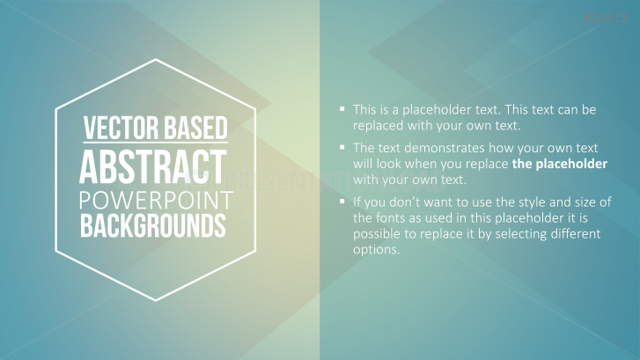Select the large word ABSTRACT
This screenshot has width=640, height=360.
155,166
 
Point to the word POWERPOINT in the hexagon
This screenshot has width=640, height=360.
155,200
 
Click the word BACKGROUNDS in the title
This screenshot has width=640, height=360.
155,226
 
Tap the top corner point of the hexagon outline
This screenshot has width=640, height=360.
156,60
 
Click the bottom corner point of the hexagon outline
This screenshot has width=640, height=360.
156,301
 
